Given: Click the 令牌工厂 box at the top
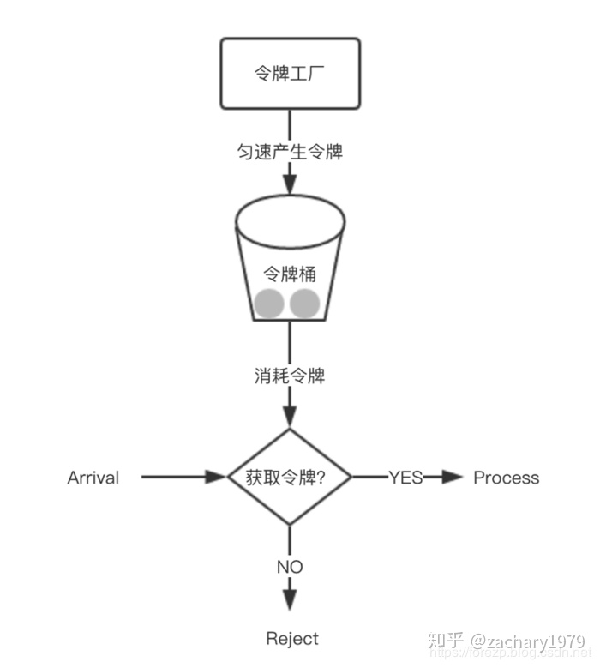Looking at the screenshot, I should point(290,74).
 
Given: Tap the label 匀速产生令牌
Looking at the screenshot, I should point(290,152).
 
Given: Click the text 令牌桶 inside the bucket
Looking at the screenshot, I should point(289,274).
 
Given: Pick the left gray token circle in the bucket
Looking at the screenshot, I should point(269,304).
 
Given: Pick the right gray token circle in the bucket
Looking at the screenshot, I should point(305,304).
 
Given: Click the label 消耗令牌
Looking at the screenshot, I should point(290,376).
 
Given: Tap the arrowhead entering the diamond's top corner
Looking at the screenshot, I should point(290,418).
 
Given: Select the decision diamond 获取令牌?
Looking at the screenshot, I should point(290,478).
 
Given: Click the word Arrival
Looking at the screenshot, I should point(93,478).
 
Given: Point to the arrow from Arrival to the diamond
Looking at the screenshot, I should point(180,478).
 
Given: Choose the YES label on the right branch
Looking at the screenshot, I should point(405,478).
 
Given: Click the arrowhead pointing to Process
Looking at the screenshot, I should point(452,478).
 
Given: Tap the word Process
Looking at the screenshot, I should point(507,478).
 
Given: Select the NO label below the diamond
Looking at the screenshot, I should point(290,567).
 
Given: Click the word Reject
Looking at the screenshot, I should point(292,639).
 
